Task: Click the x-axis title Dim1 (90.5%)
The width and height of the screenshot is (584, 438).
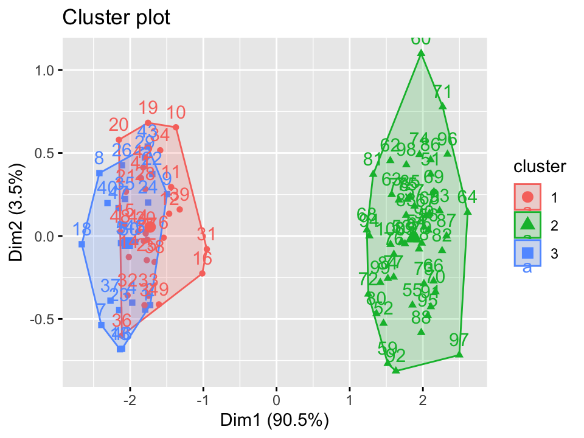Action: (x=275, y=420)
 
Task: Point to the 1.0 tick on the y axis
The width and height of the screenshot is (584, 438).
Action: (x=47, y=70)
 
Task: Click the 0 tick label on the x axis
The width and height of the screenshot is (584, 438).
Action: (x=276, y=401)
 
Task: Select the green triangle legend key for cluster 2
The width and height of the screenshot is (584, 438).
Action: (x=527, y=225)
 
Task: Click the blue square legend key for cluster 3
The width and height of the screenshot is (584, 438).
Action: (x=527, y=252)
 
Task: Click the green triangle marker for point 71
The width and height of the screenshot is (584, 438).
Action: (x=442, y=106)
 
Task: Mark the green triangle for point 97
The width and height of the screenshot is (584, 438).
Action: (x=459, y=355)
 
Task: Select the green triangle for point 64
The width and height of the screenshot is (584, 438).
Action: (x=467, y=212)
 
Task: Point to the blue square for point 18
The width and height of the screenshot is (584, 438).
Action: (x=82, y=244)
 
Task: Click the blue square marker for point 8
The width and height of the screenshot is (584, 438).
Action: (x=99, y=173)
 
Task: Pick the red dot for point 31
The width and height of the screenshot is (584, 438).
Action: (x=207, y=249)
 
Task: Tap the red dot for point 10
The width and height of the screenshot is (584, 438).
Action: (x=176, y=127)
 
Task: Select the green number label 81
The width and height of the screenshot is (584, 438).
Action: (x=372, y=159)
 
